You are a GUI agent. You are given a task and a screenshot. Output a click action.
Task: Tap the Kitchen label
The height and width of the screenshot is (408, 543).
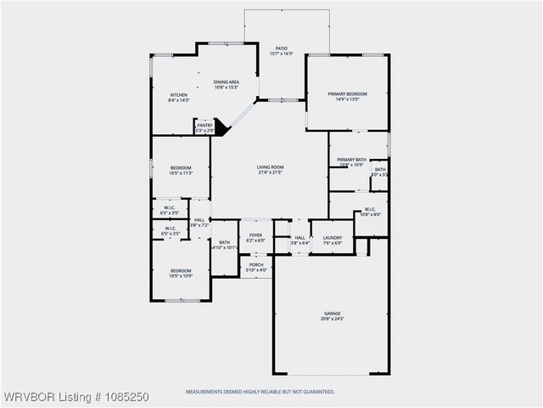point(178,94)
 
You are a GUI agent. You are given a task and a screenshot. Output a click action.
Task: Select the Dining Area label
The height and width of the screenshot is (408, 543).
point(226,82)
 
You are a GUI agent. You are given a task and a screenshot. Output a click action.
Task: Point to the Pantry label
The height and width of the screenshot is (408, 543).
point(204,125)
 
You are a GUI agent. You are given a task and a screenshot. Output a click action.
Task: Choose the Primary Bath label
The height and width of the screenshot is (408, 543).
point(350,160)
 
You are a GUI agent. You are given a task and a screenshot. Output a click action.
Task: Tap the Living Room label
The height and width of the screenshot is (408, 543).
point(271,167)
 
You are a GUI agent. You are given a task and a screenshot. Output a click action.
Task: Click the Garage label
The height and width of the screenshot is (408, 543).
point(331,314)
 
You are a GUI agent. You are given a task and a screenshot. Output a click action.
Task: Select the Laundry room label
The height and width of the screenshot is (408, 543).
point(332,237)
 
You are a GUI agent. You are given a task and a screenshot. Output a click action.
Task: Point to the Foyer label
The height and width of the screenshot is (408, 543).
point(255,235)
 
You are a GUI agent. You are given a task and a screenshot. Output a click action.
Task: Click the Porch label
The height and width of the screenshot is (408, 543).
point(255,264)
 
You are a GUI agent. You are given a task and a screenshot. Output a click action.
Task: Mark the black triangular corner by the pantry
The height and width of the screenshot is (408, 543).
point(221,127)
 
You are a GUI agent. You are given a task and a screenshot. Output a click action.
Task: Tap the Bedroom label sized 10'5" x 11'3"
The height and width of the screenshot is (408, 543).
point(181,167)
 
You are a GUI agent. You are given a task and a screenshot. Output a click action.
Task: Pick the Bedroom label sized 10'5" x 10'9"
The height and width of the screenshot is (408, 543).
point(181,270)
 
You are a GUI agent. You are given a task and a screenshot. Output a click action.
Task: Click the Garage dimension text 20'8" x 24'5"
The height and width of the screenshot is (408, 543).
point(331,319)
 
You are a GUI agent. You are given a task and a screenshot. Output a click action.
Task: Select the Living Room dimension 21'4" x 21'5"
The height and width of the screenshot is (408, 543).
point(271,173)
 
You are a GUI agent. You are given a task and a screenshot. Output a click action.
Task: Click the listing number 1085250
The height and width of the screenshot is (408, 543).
point(127,397)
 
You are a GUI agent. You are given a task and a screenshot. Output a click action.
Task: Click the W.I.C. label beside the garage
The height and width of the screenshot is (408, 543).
point(370,209)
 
